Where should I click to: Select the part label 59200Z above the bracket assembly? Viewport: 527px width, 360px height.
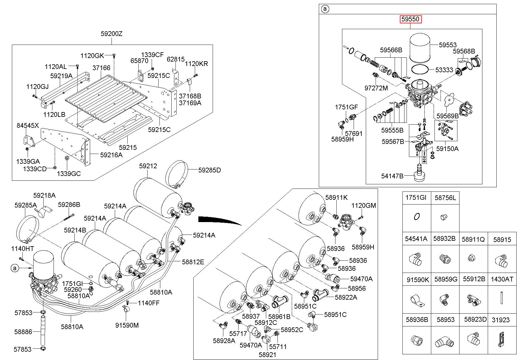(x=111, y=34)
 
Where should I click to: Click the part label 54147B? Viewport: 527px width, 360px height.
(x=392, y=176)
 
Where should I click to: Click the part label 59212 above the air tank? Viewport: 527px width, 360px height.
(x=148, y=166)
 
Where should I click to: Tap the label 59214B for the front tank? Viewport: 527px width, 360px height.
(x=75, y=230)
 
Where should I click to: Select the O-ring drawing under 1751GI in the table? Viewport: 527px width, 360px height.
(x=417, y=217)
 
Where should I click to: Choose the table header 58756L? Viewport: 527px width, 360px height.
(x=445, y=198)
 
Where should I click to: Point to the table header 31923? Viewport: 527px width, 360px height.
(x=501, y=320)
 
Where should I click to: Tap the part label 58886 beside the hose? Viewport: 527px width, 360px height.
(x=23, y=331)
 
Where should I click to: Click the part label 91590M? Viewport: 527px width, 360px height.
(x=127, y=325)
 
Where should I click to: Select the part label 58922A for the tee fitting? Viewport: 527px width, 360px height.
(x=346, y=297)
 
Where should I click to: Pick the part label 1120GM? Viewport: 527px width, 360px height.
(x=363, y=205)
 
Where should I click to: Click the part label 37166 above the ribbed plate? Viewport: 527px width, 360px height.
(x=101, y=68)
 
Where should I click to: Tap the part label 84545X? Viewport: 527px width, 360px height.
(x=28, y=126)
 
